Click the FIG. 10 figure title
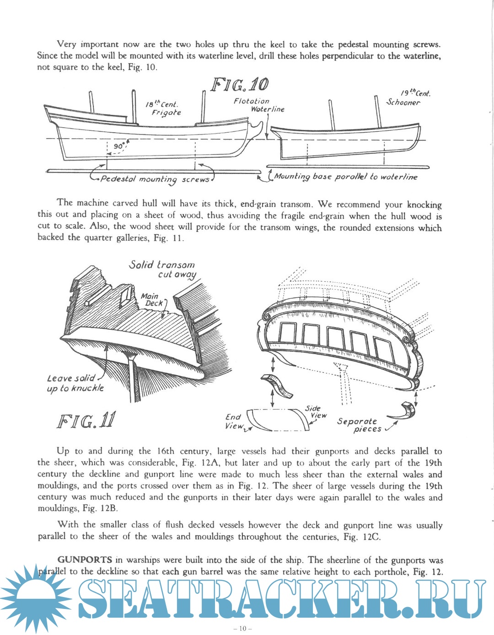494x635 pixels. tap(239, 85)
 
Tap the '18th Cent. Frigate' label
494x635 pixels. tap(163, 108)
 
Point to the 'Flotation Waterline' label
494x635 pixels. tap(259, 105)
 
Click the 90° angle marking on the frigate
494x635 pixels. tap(119, 146)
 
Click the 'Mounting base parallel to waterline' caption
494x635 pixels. tap(345, 177)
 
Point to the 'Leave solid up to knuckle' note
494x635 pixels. tap(75, 383)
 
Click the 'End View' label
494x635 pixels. tap(234, 421)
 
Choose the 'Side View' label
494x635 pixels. tap(315, 412)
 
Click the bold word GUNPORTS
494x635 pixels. tap(85, 560)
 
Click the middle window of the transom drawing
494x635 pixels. tap(335, 337)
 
